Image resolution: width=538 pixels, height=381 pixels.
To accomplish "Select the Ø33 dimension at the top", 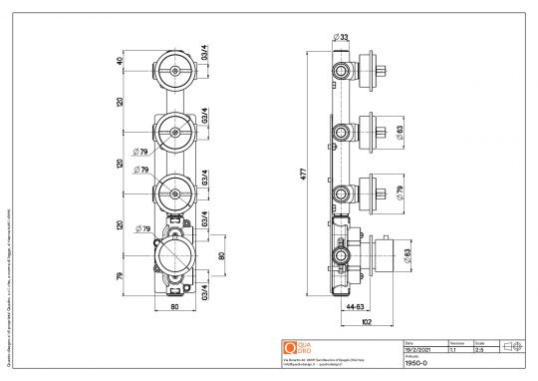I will click(x=342, y=38).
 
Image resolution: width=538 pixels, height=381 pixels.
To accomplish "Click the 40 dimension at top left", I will click(x=121, y=61).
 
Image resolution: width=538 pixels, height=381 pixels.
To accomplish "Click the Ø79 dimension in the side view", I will click(x=399, y=191).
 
